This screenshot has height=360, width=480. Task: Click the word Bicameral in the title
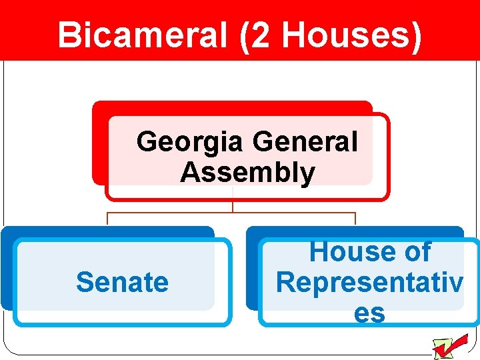(142, 35)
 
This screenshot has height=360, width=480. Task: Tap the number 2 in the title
(262, 35)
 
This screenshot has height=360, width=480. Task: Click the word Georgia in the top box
(191, 142)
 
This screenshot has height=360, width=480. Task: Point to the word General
(306, 142)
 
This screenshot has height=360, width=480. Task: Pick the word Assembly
(247, 173)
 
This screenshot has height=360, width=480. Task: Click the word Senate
(122, 282)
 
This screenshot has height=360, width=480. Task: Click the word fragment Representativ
(369, 282)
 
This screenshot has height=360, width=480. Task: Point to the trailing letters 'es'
(369, 312)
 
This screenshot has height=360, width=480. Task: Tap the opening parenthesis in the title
(243, 35)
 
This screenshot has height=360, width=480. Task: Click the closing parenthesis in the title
(415, 35)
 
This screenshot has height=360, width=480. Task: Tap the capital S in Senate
(84, 282)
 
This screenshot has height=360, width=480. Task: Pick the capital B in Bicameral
(69, 35)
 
